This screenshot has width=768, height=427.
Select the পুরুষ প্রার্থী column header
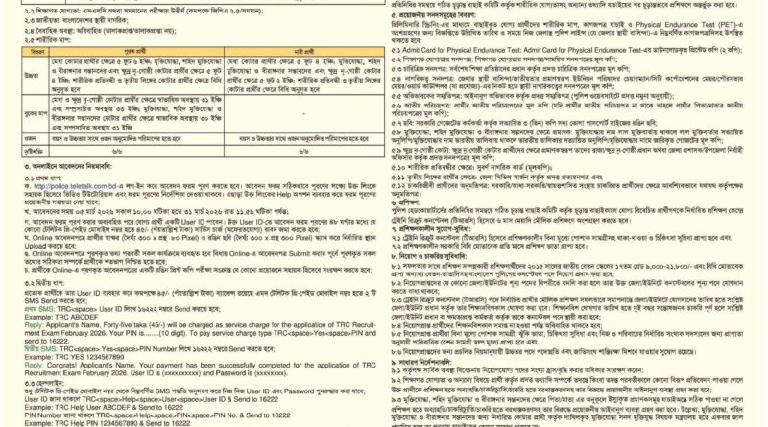pos(149,54)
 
